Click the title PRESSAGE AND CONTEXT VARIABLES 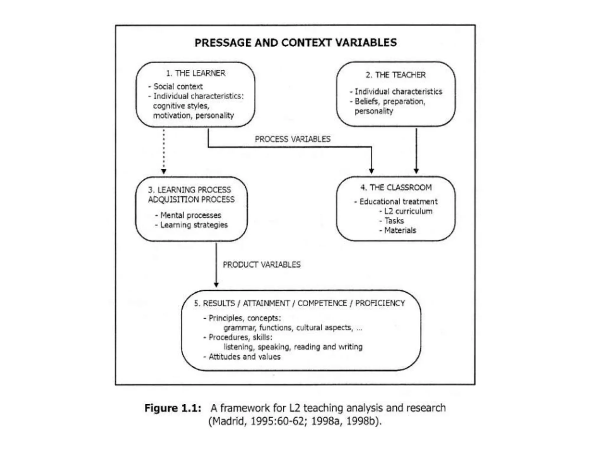click(295, 43)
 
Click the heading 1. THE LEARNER click(196, 73)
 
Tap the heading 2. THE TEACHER click(396, 75)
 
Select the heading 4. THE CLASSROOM click(396, 187)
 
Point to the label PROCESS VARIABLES click(292, 139)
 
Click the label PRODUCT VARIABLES click(261, 265)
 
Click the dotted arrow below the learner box click(164, 151)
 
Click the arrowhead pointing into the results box click(216, 285)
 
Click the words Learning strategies click(194, 225)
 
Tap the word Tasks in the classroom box click(394, 221)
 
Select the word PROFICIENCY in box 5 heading click(380, 303)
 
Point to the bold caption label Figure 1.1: click(173, 408)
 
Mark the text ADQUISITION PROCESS click(191, 200)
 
